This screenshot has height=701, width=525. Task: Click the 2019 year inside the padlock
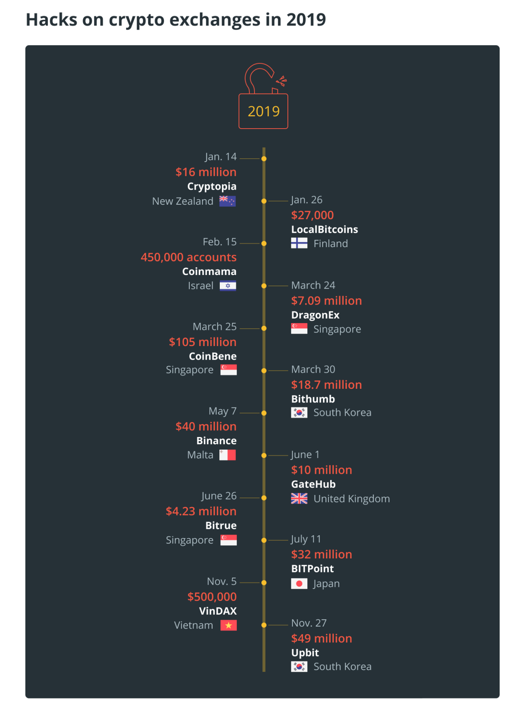pyautogui.click(x=263, y=111)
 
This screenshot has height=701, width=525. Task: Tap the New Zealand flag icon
pyautogui.click(x=227, y=201)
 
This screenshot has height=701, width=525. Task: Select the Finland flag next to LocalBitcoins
pyautogui.click(x=299, y=243)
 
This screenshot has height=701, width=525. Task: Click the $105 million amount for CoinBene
pyautogui.click(x=202, y=342)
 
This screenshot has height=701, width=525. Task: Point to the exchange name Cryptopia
pyautogui.click(x=212, y=186)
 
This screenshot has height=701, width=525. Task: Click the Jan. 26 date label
pyautogui.click(x=306, y=200)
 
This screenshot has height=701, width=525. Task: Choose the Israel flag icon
pyautogui.click(x=228, y=286)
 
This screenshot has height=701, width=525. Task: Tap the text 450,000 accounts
pyautogui.click(x=189, y=257)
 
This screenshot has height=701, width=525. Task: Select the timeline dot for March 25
pyautogui.click(x=264, y=328)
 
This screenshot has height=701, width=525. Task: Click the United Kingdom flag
pyautogui.click(x=299, y=499)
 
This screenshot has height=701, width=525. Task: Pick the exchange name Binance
pyautogui.click(x=216, y=440)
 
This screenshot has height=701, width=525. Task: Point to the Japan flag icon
pyautogui.click(x=299, y=584)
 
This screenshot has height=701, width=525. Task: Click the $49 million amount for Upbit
pyautogui.click(x=321, y=638)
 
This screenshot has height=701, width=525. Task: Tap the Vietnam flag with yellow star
pyautogui.click(x=228, y=625)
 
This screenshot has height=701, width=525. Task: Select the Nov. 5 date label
pyautogui.click(x=221, y=581)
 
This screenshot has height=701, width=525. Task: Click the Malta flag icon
pyautogui.click(x=227, y=455)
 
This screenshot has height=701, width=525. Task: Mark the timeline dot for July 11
pyautogui.click(x=264, y=540)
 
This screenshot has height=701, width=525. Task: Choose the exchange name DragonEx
pyautogui.click(x=315, y=315)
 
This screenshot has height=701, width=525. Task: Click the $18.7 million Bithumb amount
pyautogui.click(x=326, y=385)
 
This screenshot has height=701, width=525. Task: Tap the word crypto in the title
pyautogui.click(x=136, y=20)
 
